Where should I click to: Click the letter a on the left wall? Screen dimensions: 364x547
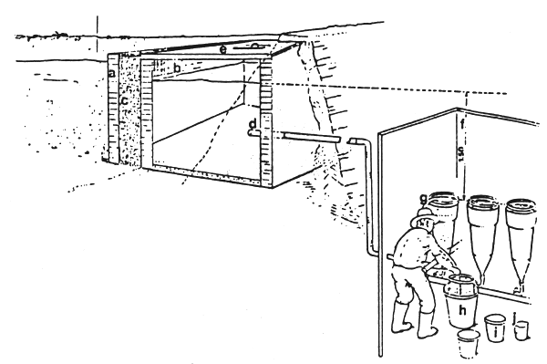pyautogui.click(x=111, y=72)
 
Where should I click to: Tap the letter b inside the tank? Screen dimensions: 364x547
pyautogui.click(x=176, y=67)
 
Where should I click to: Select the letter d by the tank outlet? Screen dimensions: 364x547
pyautogui.click(x=252, y=123)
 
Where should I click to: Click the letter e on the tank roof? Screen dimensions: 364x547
pyautogui.click(x=222, y=49)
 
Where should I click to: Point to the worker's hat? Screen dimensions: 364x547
pyautogui.click(x=422, y=218)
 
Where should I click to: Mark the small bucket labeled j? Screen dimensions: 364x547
pyautogui.click(x=521, y=328)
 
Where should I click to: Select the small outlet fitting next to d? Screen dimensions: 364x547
pyautogui.click(x=252, y=134)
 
